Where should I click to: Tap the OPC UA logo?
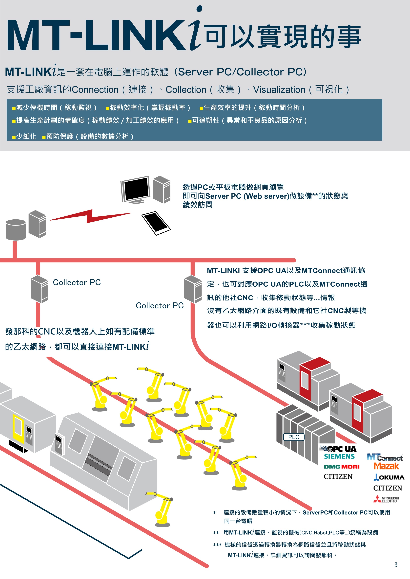point(338,449)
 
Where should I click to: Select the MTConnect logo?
point(385,457)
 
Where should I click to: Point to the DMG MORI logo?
point(342,467)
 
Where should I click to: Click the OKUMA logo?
point(389,477)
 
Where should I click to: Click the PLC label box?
point(294,437)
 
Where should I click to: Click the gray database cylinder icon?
point(16,229)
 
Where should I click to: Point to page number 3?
point(396,565)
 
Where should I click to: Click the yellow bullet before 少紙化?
point(14,137)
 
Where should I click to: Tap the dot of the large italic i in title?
point(199,9)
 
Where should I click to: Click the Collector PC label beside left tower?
point(77,282)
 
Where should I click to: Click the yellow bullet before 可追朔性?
point(190,121)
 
